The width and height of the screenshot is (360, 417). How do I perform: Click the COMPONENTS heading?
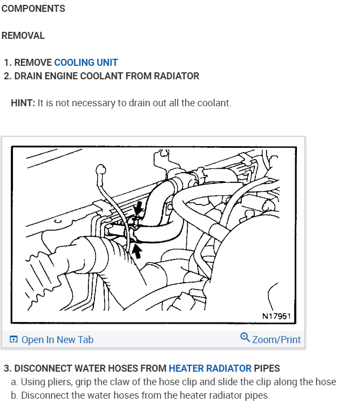[33, 9]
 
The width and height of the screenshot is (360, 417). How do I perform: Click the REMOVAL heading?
[23, 36]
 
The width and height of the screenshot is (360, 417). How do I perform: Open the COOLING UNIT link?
[86, 63]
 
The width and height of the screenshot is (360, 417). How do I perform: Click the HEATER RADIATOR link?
[210, 368]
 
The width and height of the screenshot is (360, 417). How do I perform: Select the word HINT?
[23, 102]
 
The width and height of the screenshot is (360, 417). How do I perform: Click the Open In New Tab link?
[57, 339]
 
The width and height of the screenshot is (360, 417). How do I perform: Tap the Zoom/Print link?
[276, 339]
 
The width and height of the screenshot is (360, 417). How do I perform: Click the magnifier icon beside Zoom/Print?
[245, 338]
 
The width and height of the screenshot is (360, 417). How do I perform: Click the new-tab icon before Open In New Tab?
[13, 339]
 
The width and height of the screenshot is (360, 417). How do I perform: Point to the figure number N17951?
[277, 315]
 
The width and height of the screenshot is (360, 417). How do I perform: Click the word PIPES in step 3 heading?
[267, 368]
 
